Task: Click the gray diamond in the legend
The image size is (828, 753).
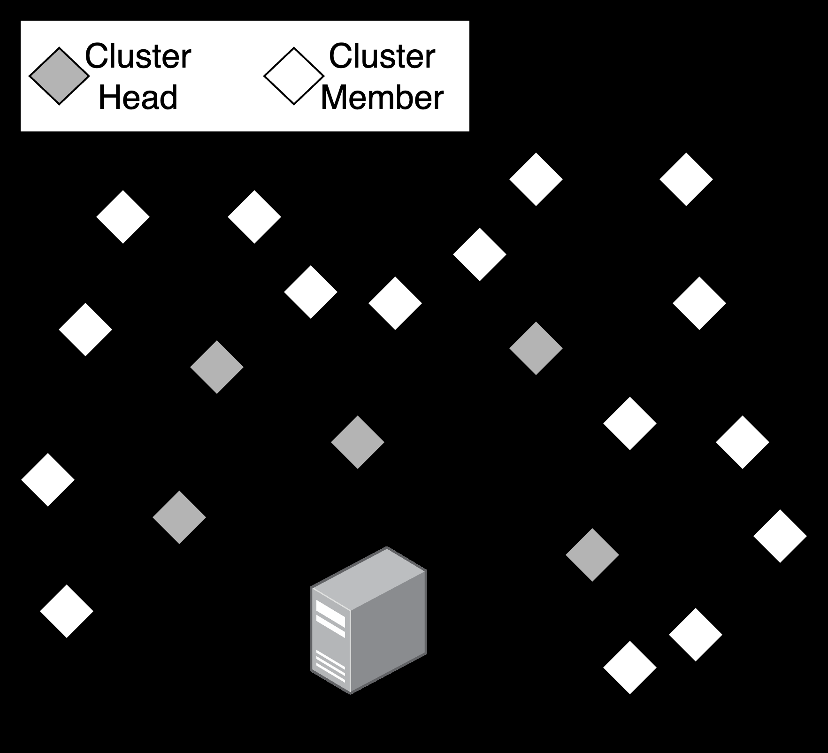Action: [59, 76]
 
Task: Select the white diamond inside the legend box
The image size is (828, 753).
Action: [294, 76]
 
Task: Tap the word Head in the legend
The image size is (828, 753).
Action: [138, 97]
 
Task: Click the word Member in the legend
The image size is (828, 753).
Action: [382, 97]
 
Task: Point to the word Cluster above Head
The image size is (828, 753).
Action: [138, 56]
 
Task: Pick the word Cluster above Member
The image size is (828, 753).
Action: [382, 56]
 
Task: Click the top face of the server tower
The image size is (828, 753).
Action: [369, 578]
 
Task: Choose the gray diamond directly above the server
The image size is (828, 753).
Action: [358, 442]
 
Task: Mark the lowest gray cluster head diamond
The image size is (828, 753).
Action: [592, 555]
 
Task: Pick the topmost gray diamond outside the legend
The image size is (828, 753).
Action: [536, 348]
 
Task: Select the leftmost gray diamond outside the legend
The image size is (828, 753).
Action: [179, 517]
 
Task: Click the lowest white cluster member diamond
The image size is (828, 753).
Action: [630, 668]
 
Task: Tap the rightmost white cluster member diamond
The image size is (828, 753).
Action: [780, 536]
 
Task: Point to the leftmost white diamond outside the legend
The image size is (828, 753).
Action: [48, 480]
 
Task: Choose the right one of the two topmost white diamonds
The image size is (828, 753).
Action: [686, 179]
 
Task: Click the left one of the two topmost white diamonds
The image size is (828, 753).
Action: [536, 179]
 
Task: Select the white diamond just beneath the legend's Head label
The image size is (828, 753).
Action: [123, 217]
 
